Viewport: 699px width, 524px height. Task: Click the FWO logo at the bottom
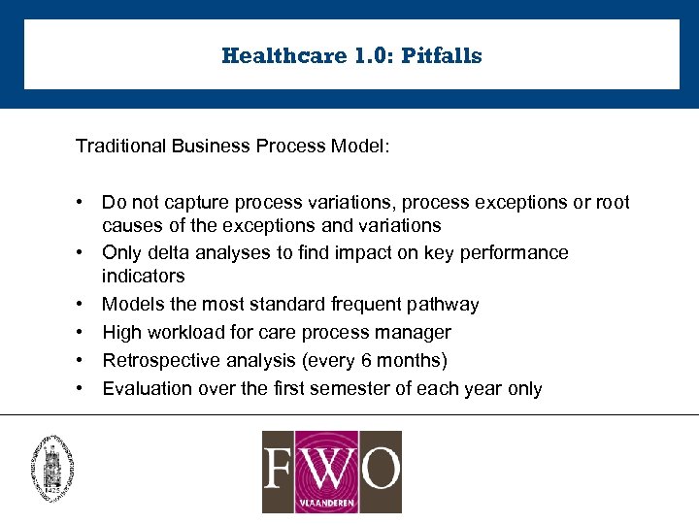pyautogui.click(x=331, y=472)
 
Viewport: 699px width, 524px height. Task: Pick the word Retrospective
pyautogui.click(x=158, y=361)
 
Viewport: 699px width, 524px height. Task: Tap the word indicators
pyautogui.click(x=143, y=277)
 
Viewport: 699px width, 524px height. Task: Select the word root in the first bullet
pyautogui.click(x=613, y=203)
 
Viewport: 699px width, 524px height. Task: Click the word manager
pyautogui.click(x=416, y=333)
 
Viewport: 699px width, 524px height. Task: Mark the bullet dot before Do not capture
pyautogui.click(x=86, y=203)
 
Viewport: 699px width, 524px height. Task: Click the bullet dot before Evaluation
pyautogui.click(x=86, y=389)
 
